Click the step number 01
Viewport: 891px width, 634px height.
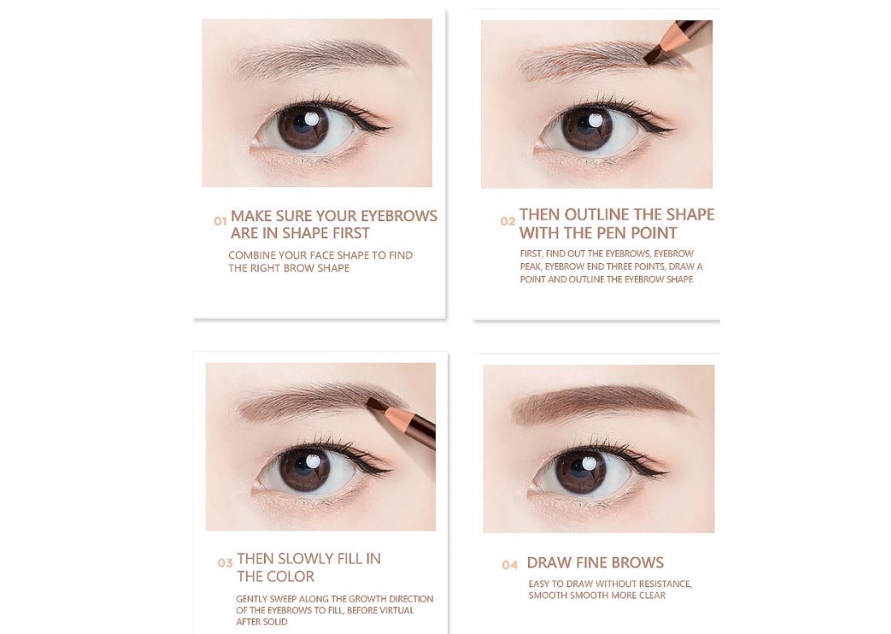(x=220, y=222)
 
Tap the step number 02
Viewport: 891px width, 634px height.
(x=507, y=221)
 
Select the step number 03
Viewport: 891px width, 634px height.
(x=225, y=563)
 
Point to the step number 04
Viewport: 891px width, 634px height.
(x=509, y=564)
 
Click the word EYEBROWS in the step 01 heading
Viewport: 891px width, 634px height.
(x=399, y=216)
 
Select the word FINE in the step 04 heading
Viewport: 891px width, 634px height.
(x=595, y=563)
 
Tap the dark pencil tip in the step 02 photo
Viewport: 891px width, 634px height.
(x=651, y=56)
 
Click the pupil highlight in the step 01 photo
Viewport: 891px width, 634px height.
(x=311, y=119)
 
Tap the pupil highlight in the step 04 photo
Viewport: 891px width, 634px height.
(x=589, y=465)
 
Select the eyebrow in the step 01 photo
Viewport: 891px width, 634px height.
(x=318, y=57)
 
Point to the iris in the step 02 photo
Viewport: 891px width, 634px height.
(x=587, y=128)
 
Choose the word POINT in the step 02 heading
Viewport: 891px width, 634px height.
(x=652, y=233)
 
